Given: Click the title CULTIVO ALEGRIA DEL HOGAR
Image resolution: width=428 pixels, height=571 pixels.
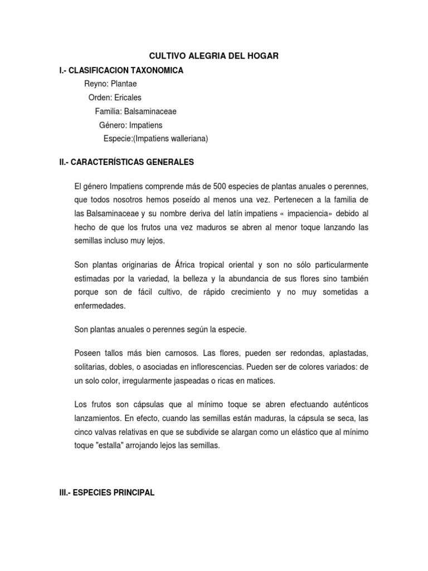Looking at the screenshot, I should (215, 56).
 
